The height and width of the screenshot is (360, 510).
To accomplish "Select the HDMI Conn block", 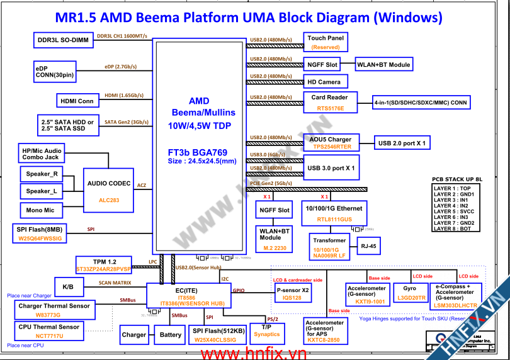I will click(x=77, y=101).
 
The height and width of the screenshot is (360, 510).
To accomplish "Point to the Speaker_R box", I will click(x=42, y=174).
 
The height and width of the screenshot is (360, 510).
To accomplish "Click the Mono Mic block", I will click(x=40, y=210).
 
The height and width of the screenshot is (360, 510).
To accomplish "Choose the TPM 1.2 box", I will click(x=104, y=265).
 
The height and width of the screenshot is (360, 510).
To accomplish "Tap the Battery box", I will click(x=171, y=335).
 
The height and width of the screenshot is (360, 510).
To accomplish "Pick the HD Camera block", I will click(x=324, y=82).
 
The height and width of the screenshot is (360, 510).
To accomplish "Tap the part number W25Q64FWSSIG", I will click(x=40, y=239).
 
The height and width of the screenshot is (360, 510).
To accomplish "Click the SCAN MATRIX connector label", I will click(x=115, y=283).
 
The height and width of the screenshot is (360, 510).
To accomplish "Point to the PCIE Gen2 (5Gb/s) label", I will click(x=271, y=184).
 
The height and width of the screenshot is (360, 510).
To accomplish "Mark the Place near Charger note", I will click(x=29, y=295).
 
